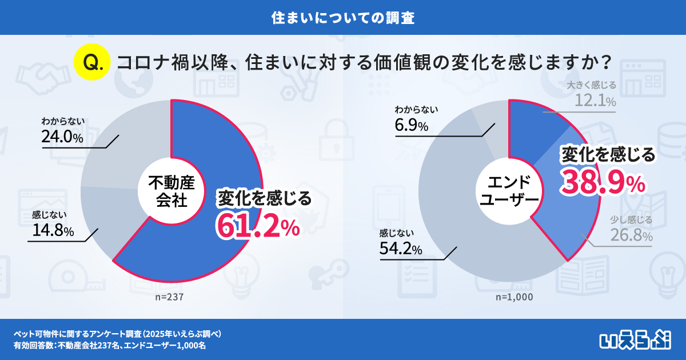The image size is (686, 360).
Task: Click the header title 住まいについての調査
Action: click(x=342, y=17)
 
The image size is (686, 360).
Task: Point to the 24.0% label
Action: click(x=62, y=138)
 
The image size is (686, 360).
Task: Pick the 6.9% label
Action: click(x=412, y=126)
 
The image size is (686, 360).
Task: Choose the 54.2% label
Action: click(x=400, y=249)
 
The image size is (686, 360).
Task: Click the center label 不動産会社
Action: click(x=171, y=191)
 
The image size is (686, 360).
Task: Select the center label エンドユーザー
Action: click(x=509, y=191)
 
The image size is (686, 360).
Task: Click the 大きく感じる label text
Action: click(x=592, y=86)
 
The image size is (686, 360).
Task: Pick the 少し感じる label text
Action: click(x=631, y=219)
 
